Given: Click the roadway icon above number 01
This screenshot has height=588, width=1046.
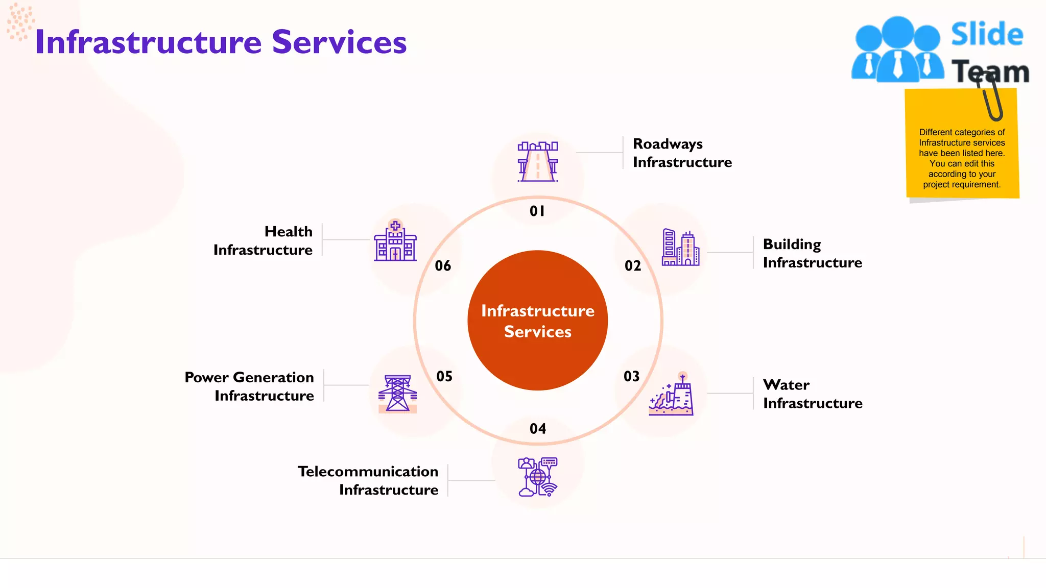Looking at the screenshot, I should (538, 161).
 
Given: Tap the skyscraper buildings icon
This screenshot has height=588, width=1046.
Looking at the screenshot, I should (680, 248).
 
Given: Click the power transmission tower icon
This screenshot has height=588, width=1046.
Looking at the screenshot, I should (397, 394).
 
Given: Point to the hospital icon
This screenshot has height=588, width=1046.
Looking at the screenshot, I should (395, 241).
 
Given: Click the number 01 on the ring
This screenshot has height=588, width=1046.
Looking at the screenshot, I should (537, 211).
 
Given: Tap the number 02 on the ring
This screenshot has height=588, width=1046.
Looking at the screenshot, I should (633, 266).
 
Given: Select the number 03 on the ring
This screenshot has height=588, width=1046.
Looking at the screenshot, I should (632, 377).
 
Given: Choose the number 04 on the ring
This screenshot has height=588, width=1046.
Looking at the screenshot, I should (538, 429).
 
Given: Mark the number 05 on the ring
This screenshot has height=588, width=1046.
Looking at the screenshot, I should (444, 377).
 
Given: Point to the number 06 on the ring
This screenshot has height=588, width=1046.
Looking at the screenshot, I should (443, 266).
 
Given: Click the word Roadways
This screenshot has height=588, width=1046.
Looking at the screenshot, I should (668, 144).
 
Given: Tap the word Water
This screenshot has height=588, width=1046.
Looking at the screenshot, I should (786, 385).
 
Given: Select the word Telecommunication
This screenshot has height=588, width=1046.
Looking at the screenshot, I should (368, 472).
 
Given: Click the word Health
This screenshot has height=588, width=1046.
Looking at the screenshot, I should (289, 232).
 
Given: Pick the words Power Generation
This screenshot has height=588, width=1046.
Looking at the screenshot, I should (249, 378).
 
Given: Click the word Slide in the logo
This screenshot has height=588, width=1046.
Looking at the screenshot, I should (987, 35).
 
